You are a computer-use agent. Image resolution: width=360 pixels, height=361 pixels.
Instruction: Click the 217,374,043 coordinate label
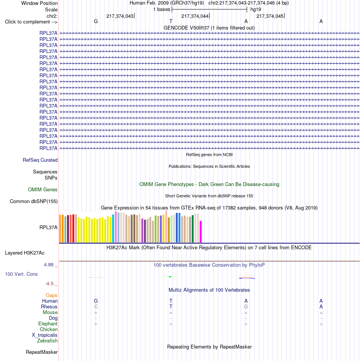tap(120, 16)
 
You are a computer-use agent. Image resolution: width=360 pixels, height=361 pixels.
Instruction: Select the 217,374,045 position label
tap(270, 16)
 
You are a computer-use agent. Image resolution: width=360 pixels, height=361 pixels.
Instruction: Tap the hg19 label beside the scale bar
tap(256, 9)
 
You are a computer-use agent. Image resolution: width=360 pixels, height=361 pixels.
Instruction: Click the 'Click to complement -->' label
tap(31, 22)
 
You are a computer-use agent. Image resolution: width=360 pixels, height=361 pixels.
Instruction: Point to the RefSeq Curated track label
tap(40, 160)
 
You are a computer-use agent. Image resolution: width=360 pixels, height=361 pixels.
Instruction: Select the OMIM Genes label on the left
tap(42, 189)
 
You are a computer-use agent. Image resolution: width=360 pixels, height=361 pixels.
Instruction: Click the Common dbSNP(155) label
tap(34, 201)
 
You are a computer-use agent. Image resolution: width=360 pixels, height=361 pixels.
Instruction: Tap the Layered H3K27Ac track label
tap(25, 253)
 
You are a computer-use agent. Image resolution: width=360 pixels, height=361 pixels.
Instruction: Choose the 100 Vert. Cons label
tap(21, 274)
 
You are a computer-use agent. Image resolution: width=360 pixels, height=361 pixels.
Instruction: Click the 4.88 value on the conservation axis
tap(49, 265)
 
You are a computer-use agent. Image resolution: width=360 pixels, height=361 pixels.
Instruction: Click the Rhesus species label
tap(49, 307)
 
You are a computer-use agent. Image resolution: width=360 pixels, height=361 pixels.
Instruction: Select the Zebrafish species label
tap(47, 341)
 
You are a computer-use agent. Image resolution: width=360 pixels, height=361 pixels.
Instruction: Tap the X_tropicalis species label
tap(44, 335)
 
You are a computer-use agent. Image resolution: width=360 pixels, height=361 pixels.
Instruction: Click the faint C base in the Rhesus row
tap(96, 307)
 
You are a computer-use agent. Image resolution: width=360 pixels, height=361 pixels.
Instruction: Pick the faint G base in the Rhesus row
tap(246, 307)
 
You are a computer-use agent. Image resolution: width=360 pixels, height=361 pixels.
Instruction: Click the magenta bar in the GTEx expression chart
tap(200, 231)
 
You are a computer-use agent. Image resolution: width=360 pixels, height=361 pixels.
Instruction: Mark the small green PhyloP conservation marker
tap(170, 277)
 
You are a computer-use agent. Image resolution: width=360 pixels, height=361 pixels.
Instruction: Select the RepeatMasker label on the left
tap(42, 352)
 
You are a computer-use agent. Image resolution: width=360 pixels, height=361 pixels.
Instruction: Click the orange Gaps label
tap(52, 295)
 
